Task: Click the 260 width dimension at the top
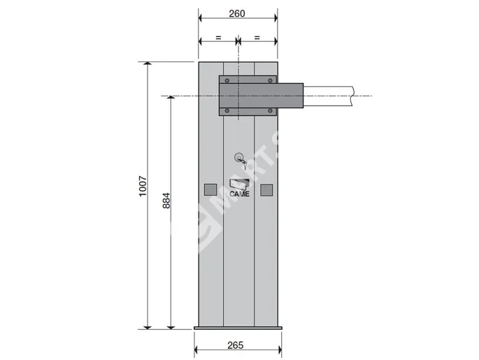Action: point(237,14)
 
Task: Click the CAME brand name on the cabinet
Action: point(239,194)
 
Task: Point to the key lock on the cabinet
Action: point(240,158)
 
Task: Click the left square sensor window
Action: point(209,189)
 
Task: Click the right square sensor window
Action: point(266,189)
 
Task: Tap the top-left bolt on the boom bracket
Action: point(226,80)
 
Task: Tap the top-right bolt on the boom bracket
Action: point(270,80)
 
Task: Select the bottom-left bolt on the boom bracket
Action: point(226,110)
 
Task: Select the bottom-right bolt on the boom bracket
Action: point(270,110)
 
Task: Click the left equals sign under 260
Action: point(218,36)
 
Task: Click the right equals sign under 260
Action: point(257,36)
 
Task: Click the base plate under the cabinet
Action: point(237,328)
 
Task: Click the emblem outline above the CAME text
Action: point(239,184)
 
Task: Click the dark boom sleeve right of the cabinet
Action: point(291,96)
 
